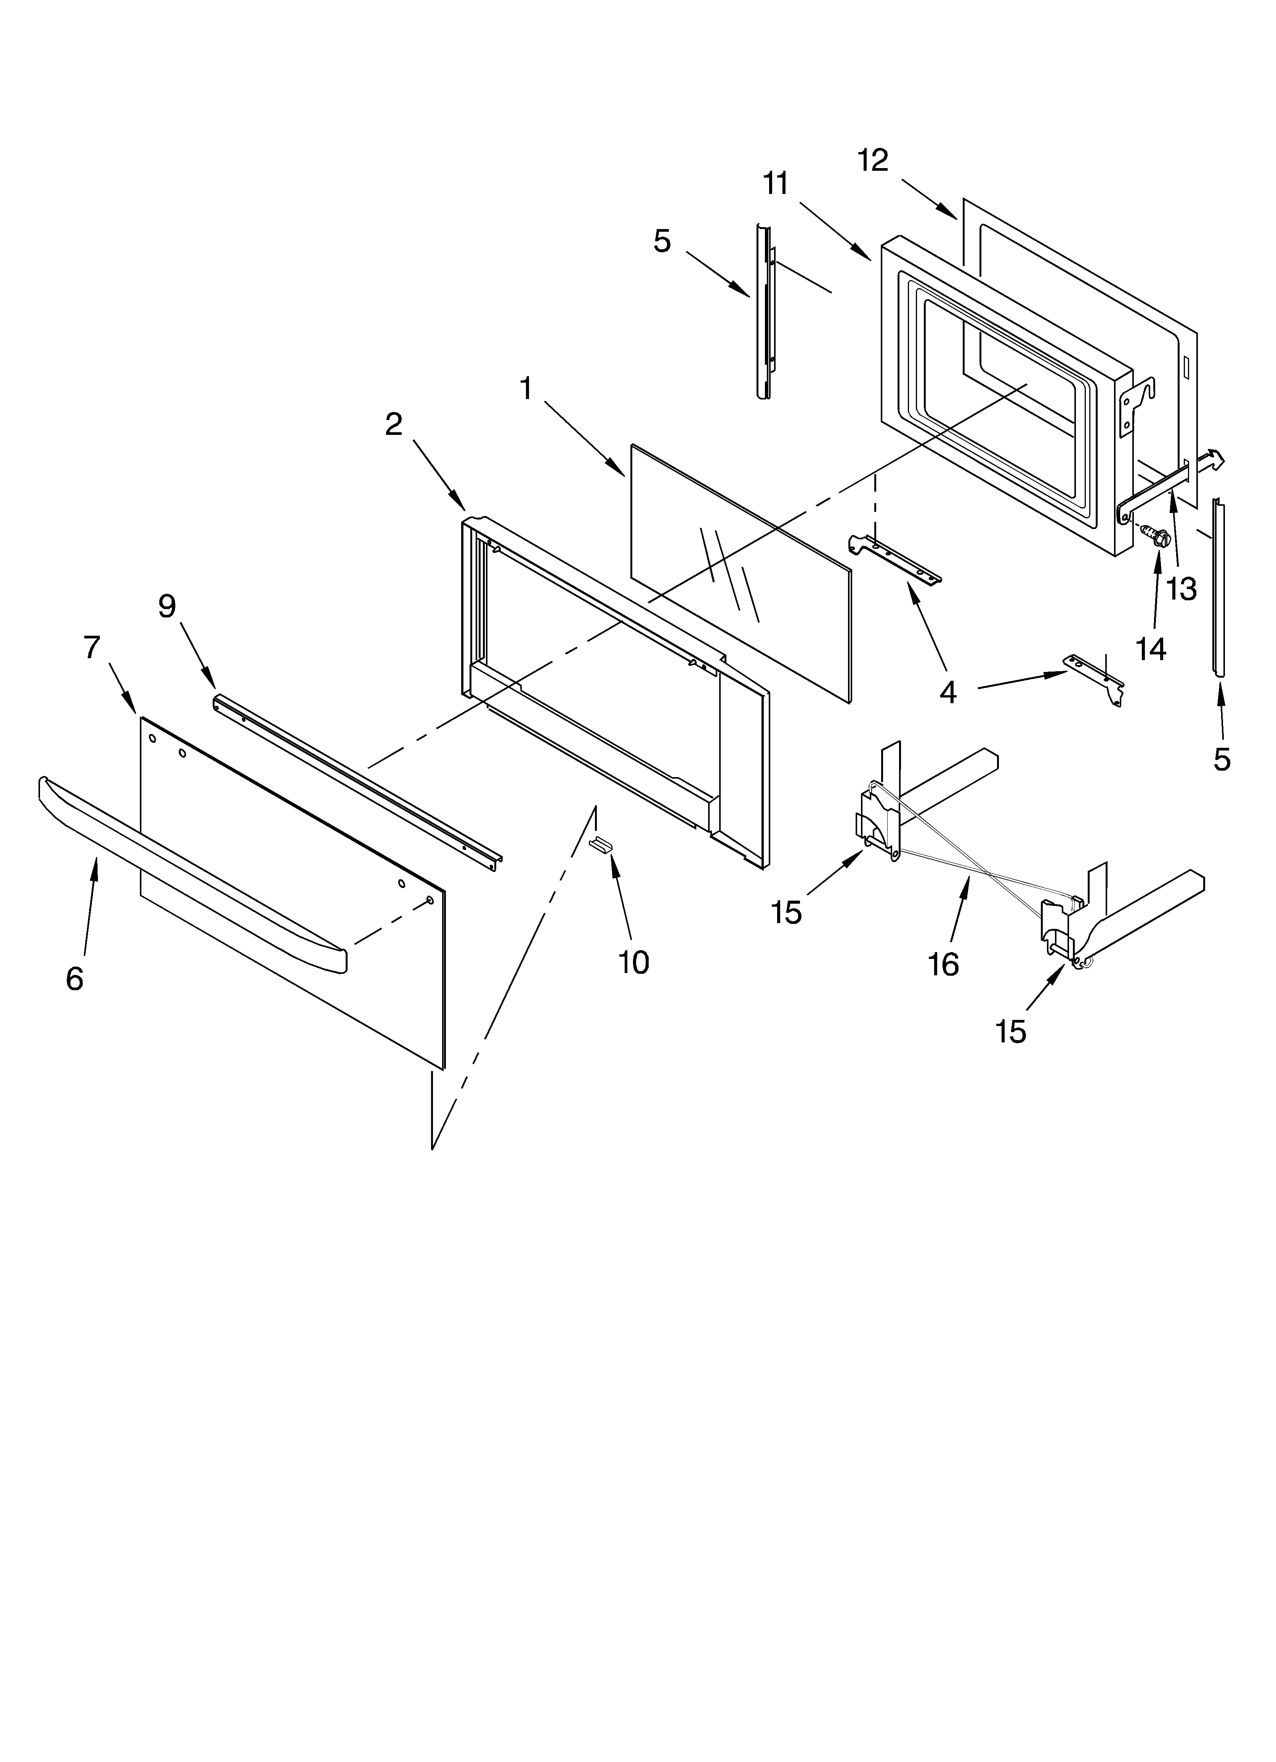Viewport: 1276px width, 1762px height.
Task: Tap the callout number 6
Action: pos(75,979)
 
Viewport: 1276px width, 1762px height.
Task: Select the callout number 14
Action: pos(1151,648)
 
